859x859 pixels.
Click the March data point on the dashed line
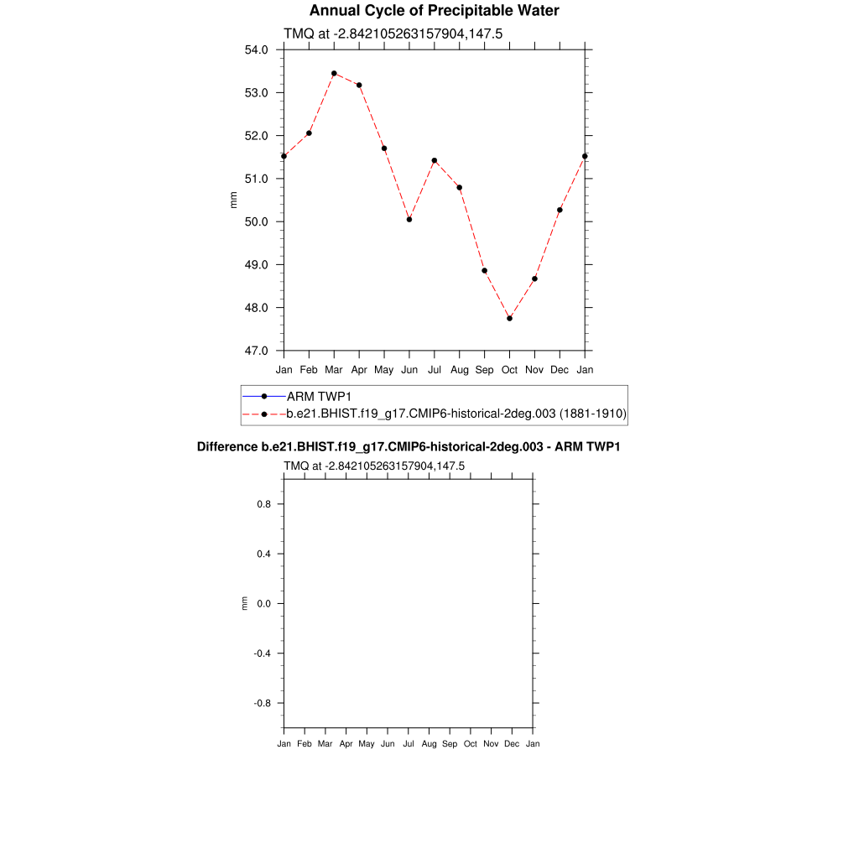[334, 73]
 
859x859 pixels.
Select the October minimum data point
[509, 318]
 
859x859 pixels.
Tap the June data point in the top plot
[409, 219]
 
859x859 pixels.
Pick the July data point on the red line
[435, 160]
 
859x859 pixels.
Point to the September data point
[485, 270]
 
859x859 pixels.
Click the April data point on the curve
[359, 85]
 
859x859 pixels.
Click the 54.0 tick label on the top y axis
[256, 49]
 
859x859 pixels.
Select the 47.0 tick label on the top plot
[256, 351]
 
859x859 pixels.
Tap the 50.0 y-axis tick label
[256, 221]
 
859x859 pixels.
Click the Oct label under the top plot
[509, 369]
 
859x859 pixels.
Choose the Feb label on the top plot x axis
[309, 369]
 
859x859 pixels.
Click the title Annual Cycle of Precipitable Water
[434, 11]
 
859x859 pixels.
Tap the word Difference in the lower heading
[221, 447]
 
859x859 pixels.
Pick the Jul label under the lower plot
[409, 744]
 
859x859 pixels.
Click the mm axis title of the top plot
[234, 200]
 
